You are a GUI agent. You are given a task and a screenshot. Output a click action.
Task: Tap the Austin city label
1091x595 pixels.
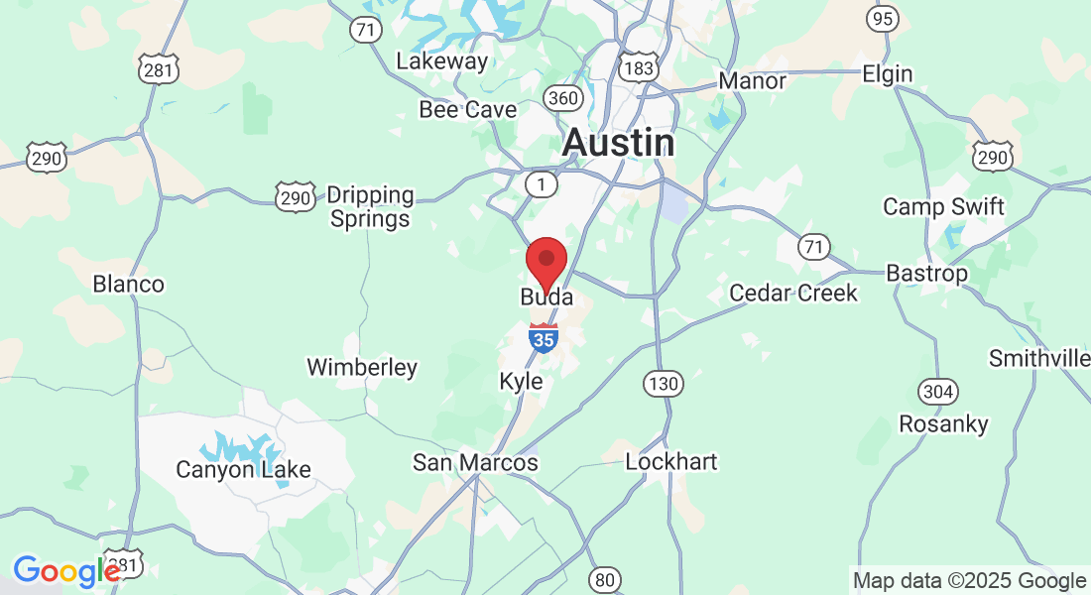click(619, 143)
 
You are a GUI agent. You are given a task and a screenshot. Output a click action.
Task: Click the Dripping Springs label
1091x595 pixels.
click(370, 207)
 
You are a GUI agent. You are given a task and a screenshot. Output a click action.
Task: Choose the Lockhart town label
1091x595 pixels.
click(671, 462)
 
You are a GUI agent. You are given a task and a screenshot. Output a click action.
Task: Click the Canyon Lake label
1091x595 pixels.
click(243, 469)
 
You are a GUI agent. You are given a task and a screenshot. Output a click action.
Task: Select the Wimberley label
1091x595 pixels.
click(362, 368)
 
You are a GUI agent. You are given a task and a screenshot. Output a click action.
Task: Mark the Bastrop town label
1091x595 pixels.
click(926, 273)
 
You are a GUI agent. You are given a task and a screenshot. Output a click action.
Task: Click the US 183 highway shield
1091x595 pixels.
click(637, 68)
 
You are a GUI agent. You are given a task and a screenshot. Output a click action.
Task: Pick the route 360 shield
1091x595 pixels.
click(562, 97)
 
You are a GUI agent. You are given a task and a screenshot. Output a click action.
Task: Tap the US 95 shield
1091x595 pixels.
click(883, 19)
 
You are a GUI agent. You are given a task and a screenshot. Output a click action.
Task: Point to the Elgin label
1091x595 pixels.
click(887, 74)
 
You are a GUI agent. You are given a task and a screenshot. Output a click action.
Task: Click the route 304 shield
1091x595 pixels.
click(937, 390)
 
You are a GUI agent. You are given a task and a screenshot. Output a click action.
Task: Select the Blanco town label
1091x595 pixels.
click(128, 285)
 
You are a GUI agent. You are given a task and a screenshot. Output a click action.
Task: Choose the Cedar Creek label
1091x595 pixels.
click(793, 294)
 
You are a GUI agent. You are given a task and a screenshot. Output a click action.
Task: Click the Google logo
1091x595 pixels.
click(65, 571)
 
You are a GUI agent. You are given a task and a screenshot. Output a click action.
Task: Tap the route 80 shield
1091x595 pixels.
click(604, 578)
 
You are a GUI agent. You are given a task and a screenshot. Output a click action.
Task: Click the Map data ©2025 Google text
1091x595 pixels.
click(970, 581)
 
